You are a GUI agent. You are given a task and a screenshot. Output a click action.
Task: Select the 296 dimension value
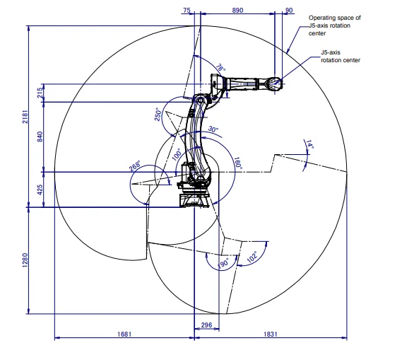(x=206, y=325)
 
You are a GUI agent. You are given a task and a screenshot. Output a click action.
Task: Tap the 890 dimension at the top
(x=237, y=11)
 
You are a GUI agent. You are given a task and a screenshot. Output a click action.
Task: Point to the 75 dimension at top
(x=187, y=11)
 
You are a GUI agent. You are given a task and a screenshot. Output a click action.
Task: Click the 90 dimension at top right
(x=289, y=11)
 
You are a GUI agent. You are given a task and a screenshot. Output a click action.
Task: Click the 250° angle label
(x=159, y=115)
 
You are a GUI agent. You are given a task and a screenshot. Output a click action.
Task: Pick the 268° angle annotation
(x=135, y=166)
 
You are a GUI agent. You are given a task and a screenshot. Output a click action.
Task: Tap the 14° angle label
(x=309, y=146)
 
